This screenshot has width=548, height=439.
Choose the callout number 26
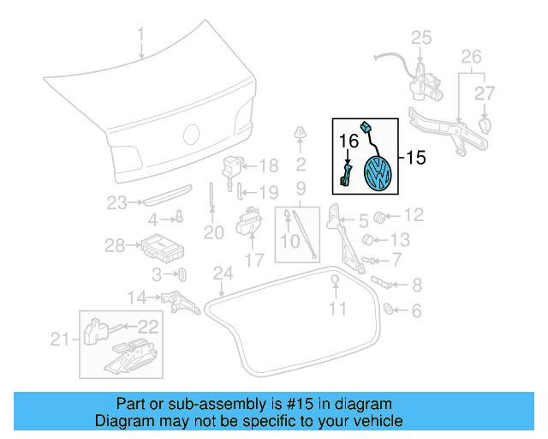point(472,57)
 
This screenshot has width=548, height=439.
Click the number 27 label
point(485,93)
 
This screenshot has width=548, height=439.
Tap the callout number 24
point(223,274)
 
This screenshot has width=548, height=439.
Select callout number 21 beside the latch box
point(59,340)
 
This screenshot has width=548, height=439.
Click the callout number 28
point(115,246)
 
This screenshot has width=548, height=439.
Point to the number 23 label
point(116,203)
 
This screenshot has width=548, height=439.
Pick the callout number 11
point(340,307)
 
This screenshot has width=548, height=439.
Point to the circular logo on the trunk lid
point(192,135)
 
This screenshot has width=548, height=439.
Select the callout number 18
point(269,165)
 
